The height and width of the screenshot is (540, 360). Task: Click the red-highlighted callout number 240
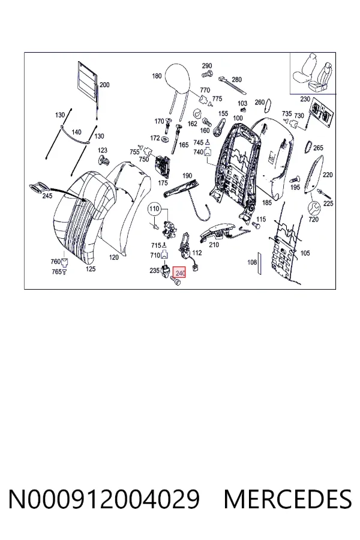point(179,273)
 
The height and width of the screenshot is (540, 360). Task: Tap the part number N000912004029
point(104,499)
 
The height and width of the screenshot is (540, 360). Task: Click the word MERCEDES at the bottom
point(287,499)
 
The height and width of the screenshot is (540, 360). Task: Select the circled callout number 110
point(154,209)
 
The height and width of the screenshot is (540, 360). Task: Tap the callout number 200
point(104,85)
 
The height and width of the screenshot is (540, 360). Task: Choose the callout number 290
point(206,66)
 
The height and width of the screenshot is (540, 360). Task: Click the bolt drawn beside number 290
point(206,73)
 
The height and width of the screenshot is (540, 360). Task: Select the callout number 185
point(267,203)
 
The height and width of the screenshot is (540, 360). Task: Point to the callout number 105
point(305,253)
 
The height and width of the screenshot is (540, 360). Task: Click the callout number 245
point(47,196)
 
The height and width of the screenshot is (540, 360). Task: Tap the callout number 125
point(90,269)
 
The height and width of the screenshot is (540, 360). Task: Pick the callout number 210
point(214,245)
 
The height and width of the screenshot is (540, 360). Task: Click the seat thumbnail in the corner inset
point(313,73)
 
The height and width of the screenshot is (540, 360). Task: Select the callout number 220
point(328,175)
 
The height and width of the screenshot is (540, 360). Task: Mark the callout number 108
point(252,262)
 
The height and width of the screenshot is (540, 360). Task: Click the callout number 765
point(56,272)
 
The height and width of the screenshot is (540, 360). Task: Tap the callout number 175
point(163,183)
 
